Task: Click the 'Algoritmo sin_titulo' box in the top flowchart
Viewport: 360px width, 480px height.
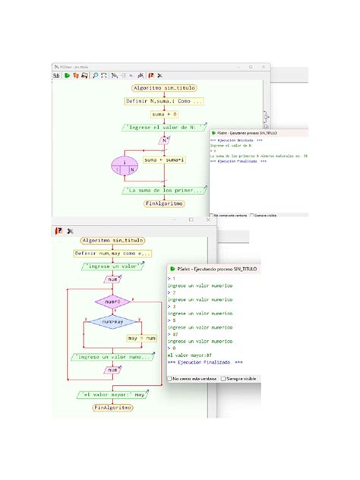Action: tap(164, 88)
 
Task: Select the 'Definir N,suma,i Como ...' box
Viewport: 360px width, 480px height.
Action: tap(164, 101)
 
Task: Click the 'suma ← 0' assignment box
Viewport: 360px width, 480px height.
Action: tap(163, 114)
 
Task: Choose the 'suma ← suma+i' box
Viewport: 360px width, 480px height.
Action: tap(163, 160)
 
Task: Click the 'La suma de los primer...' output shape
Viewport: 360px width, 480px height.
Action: tap(164, 191)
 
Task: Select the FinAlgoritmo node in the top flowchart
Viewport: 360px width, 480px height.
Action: tap(164, 204)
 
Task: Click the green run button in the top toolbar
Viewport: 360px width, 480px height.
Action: tap(67, 75)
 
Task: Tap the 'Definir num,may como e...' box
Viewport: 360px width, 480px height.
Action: tap(112, 253)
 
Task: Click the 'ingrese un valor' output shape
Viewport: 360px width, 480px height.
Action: tap(112, 267)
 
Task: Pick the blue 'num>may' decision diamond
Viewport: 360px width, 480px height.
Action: tap(112, 322)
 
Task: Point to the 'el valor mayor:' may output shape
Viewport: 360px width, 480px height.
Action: tap(112, 395)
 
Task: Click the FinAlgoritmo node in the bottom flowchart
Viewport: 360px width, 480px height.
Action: tap(112, 408)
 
